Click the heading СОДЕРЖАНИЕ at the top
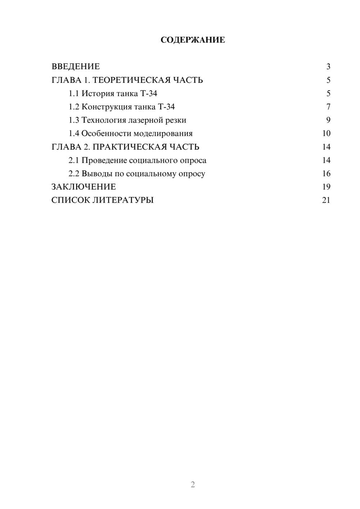point(193,40)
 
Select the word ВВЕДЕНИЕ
point(76,67)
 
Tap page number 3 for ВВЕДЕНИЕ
point(328,67)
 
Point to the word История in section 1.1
point(96,94)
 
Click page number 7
point(328,107)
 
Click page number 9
point(328,120)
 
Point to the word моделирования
point(163,134)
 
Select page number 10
point(326,134)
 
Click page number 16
point(326,174)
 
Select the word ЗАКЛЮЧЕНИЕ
point(84,187)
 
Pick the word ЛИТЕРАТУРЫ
point(123,200)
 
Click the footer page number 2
point(193,485)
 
